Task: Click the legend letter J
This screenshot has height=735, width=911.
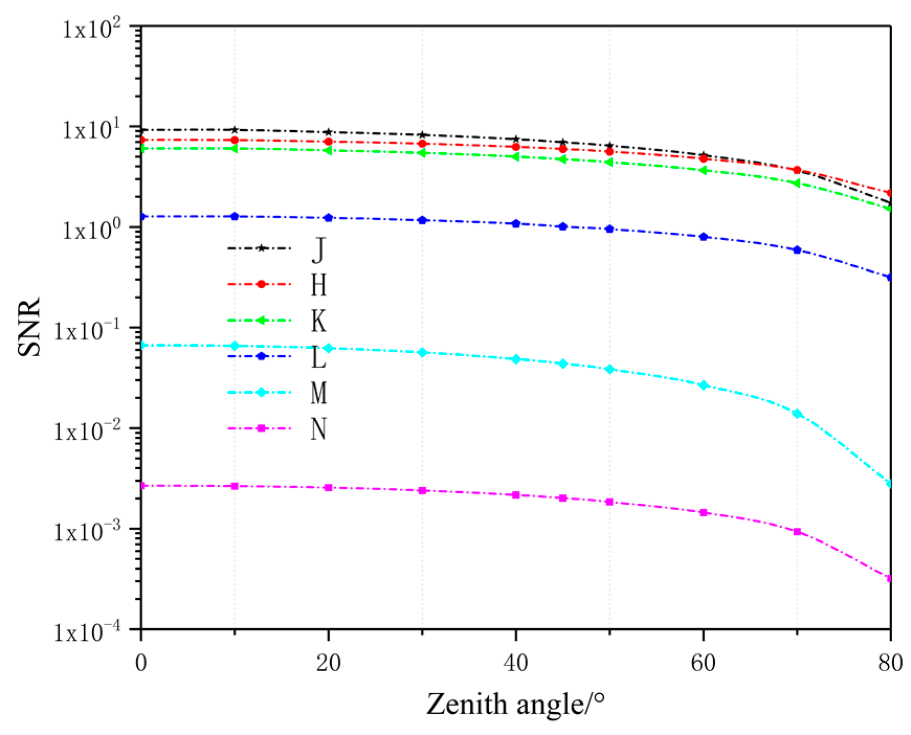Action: pyautogui.click(x=318, y=250)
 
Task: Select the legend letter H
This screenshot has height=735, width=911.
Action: pyautogui.click(x=318, y=285)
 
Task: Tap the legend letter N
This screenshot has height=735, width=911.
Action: pyautogui.click(x=318, y=429)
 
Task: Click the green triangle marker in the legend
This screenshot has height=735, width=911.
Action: pyautogui.click(x=260, y=320)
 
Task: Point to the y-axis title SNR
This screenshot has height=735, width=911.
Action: pyautogui.click(x=29, y=327)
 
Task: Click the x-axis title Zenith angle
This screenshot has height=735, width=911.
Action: pyautogui.click(x=515, y=704)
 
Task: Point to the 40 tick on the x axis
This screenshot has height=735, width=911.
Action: pyautogui.click(x=515, y=663)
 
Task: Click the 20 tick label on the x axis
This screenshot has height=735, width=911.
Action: pyautogui.click(x=328, y=663)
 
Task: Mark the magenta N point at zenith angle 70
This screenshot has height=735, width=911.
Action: pyautogui.click(x=797, y=532)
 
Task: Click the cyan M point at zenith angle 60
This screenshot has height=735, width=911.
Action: pyautogui.click(x=703, y=385)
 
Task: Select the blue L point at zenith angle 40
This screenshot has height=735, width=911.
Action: pyautogui.click(x=516, y=223)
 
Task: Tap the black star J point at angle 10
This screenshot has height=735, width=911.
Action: pyautogui.click(x=235, y=130)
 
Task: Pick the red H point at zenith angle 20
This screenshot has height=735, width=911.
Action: pyautogui.click(x=328, y=142)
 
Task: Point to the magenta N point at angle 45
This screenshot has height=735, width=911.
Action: pyautogui.click(x=563, y=498)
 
